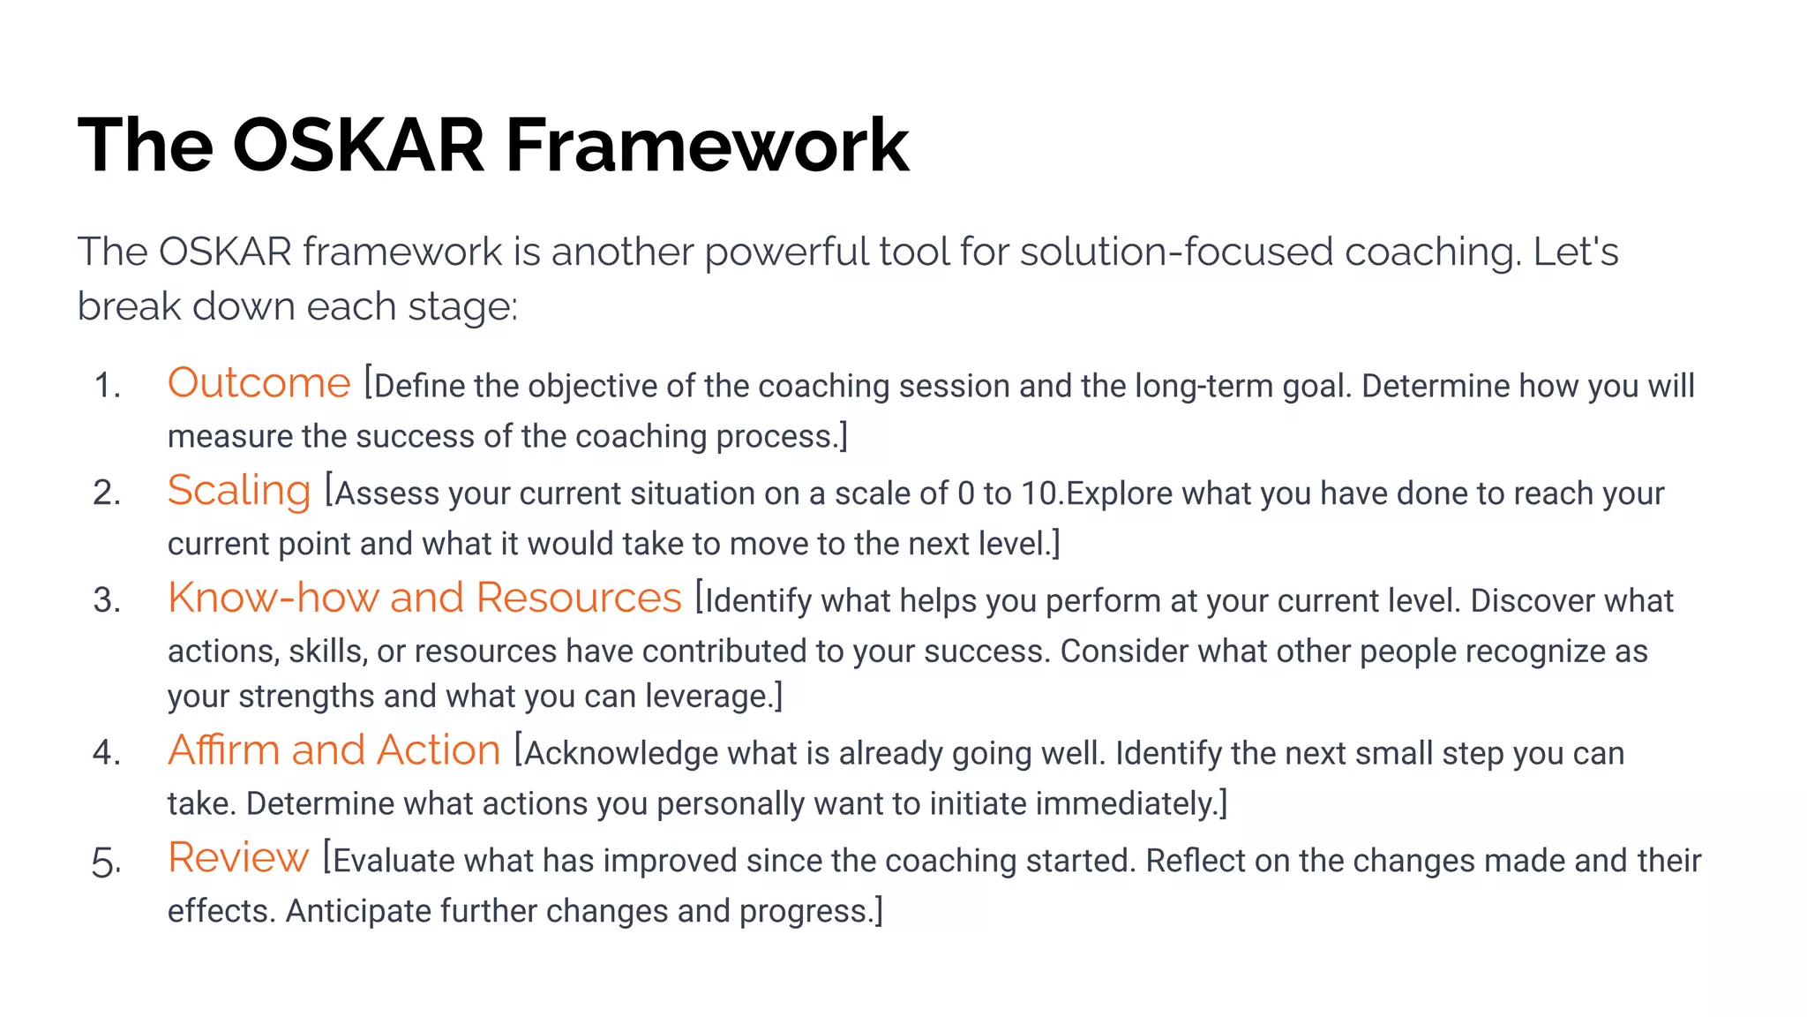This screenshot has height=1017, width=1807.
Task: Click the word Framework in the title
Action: tap(706, 146)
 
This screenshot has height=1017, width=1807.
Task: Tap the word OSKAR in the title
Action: tap(358, 146)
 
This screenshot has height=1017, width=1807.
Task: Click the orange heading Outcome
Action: tap(259, 384)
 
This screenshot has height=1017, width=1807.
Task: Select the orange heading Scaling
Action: tap(238, 492)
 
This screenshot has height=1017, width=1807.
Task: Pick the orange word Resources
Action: tap(579, 599)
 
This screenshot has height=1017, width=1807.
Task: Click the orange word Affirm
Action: tap(223, 750)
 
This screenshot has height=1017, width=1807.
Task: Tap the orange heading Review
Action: tap(238, 858)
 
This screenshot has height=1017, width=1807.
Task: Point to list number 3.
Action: tap(106, 601)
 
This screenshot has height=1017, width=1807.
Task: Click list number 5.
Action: tap(106, 863)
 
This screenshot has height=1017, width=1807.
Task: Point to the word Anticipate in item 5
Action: tap(357, 911)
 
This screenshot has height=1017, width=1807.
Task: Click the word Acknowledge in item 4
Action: tap(621, 754)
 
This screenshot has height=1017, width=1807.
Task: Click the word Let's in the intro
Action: tap(1576, 252)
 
